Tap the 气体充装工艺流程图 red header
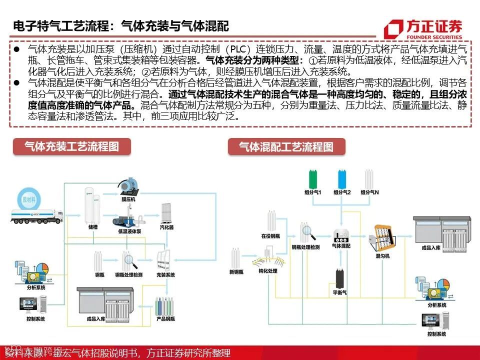click(72, 146)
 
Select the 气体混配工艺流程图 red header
click(286, 147)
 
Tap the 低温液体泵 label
click(129, 232)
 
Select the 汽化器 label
click(166, 227)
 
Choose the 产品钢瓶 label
click(165, 318)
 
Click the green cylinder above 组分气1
click(313, 179)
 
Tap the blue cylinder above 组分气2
click(342, 179)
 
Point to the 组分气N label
click(370, 192)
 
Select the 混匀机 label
click(382, 256)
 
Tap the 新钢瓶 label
click(236, 271)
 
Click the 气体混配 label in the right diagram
click(341, 246)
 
